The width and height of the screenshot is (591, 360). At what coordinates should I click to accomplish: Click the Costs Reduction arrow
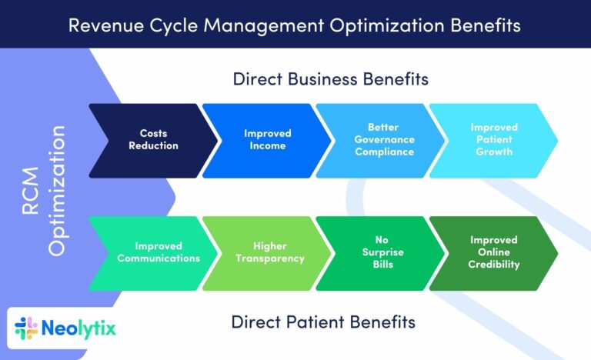click(153, 141)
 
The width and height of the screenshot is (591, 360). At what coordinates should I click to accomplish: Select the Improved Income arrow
click(267, 141)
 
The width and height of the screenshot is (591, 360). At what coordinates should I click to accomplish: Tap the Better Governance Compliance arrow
click(380, 141)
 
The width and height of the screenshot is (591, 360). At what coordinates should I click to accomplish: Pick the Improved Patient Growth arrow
click(494, 141)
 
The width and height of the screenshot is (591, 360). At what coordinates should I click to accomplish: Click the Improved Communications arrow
click(153, 253)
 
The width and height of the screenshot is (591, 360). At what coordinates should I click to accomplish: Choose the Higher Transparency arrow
click(267, 253)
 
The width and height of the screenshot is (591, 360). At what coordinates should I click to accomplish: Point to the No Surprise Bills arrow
click(380, 253)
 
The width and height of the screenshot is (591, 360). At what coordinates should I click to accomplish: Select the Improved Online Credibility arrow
click(494, 253)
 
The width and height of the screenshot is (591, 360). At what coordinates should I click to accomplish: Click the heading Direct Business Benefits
click(331, 79)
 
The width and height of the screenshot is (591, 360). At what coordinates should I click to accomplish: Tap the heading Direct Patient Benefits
click(323, 322)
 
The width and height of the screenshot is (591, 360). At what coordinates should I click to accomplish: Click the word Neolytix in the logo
click(78, 328)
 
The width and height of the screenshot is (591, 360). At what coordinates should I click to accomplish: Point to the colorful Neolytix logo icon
click(26, 328)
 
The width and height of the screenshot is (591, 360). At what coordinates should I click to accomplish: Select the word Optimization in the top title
click(387, 26)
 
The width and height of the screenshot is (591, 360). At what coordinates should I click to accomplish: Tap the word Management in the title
click(263, 26)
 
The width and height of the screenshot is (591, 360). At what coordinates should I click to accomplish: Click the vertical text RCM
click(31, 191)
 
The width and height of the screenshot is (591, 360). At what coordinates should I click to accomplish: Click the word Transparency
click(270, 258)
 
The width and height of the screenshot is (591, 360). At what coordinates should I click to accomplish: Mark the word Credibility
click(494, 265)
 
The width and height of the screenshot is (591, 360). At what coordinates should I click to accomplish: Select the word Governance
click(385, 139)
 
